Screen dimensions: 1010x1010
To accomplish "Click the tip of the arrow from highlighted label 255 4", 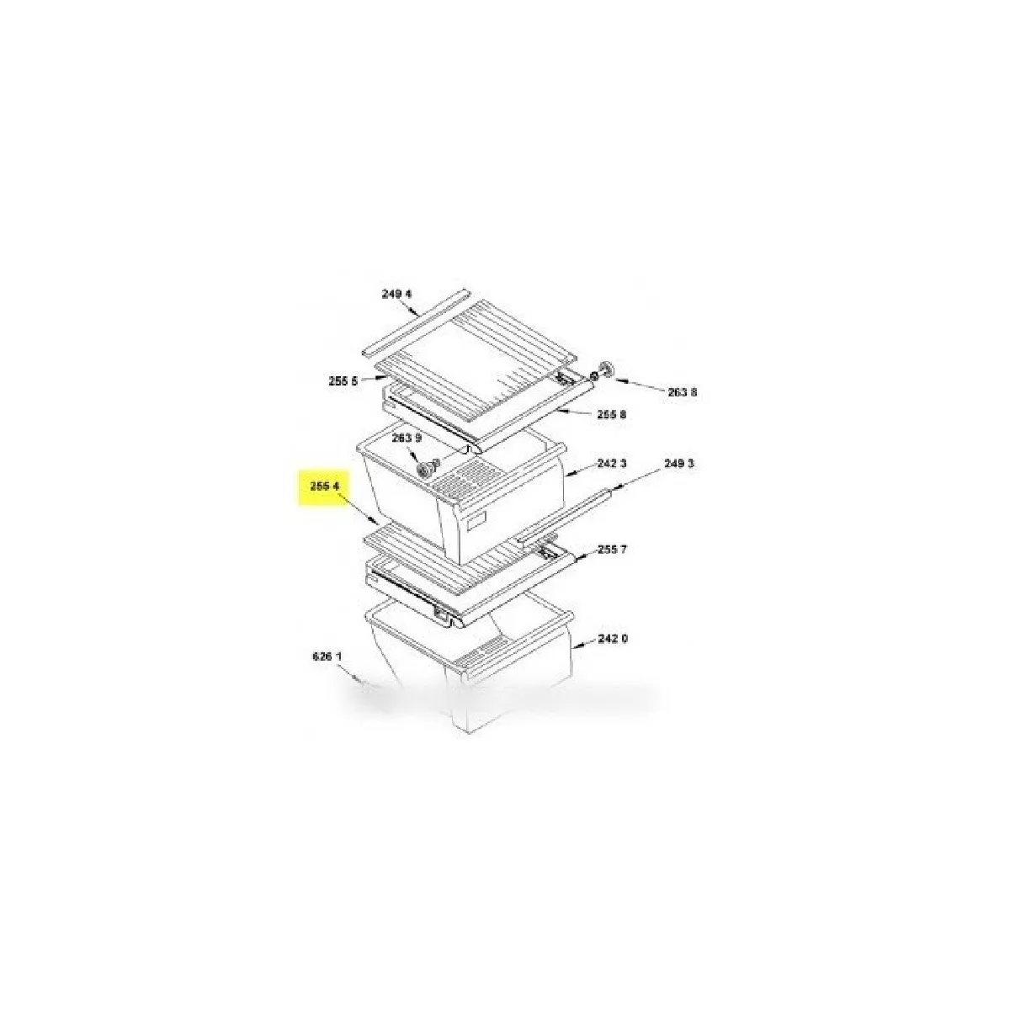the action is coord(377,523).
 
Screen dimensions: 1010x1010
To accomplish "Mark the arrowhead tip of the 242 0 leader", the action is coord(572,649).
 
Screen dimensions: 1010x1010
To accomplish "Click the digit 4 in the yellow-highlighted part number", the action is coord(337,486).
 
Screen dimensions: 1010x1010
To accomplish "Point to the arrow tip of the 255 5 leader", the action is coord(388,375).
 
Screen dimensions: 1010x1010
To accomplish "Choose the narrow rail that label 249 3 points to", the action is coord(563,515).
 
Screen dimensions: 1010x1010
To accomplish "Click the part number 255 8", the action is coord(612,415).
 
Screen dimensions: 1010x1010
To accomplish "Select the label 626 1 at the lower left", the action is coord(327,656).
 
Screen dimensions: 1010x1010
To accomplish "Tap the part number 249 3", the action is coord(678,463).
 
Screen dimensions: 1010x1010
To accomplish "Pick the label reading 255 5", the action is coord(343,381).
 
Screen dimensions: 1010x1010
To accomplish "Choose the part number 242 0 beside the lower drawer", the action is coord(613,638).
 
